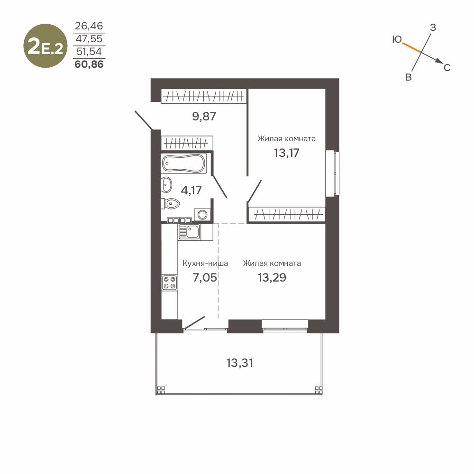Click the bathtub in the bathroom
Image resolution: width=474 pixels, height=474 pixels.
pos(184,164)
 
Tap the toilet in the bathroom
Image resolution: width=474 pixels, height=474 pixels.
pos(170,203)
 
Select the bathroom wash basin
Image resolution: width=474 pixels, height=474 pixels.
pos(166,184)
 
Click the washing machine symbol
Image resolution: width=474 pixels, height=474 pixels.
pos(202,215)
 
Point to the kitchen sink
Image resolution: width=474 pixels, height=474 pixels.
pos(189,232)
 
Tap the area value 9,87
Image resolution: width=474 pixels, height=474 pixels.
pos(204,116)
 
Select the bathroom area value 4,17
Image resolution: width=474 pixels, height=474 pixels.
pos(191,190)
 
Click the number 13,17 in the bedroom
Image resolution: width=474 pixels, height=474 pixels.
pos(286,153)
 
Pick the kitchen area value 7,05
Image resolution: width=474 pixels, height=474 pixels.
pos(205,277)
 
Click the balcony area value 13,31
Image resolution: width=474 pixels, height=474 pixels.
pos(240,363)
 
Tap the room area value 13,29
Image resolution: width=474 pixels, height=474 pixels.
pos(272,277)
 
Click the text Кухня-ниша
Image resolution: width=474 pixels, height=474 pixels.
pos(205,264)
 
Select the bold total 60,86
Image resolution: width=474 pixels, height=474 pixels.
pos(89,64)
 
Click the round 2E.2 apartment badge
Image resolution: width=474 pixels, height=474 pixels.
pos(46,46)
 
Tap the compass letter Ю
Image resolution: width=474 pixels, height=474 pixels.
pos(397,39)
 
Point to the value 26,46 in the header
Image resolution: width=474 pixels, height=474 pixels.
pos(89,26)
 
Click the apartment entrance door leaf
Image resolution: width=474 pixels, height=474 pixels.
pos(143,120)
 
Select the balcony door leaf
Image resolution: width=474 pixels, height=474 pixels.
pos(194,322)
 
